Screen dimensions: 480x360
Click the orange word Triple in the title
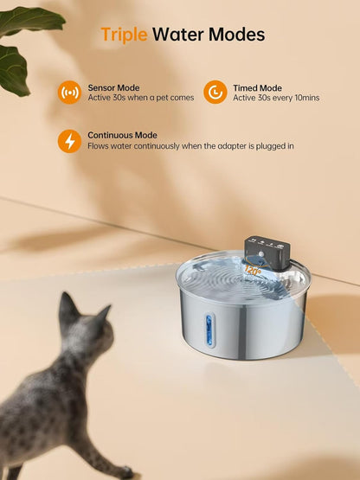point(124,35)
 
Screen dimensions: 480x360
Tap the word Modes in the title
point(235,35)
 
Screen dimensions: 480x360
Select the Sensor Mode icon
point(69,92)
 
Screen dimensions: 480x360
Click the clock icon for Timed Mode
point(215,92)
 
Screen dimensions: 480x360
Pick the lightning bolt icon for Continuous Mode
point(69,141)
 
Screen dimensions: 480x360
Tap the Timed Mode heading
point(257,87)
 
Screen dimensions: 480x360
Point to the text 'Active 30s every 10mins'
point(276,98)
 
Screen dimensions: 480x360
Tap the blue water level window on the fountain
point(206,330)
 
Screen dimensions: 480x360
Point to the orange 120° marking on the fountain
point(253,270)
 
